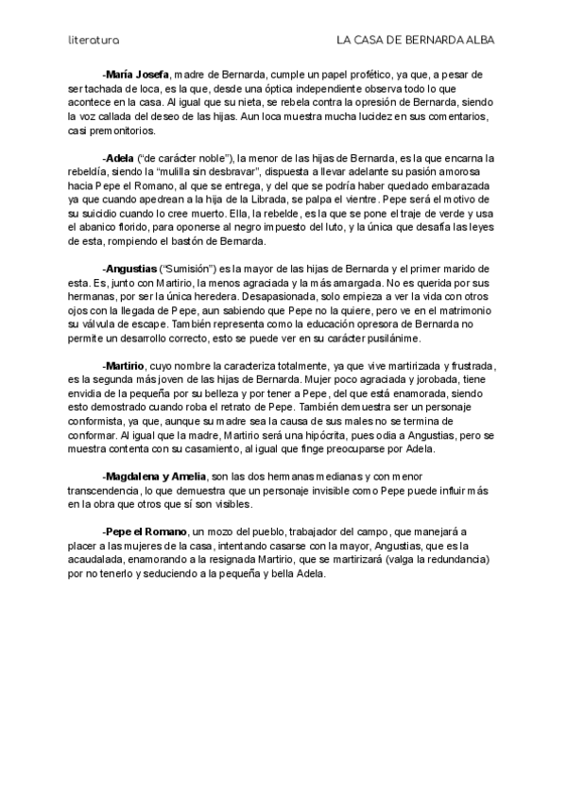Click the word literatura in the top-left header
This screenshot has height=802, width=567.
click(94, 41)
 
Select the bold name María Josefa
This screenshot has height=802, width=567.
click(138, 74)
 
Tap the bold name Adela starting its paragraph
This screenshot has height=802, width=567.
click(120, 157)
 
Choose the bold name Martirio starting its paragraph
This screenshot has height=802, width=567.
click(125, 365)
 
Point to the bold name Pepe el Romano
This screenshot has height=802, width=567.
click(146, 532)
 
